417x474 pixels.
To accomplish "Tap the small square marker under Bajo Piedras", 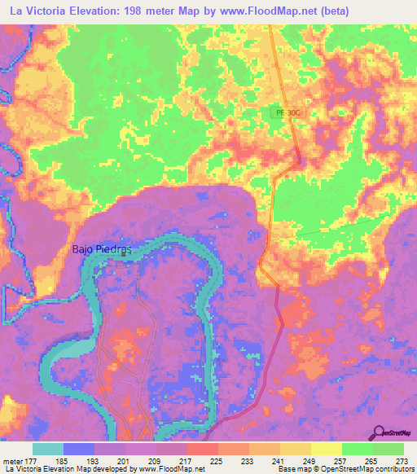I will coord(124,254).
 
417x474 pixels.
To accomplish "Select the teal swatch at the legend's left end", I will coord(48,449).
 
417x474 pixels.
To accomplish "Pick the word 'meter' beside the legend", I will coord(11,460).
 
